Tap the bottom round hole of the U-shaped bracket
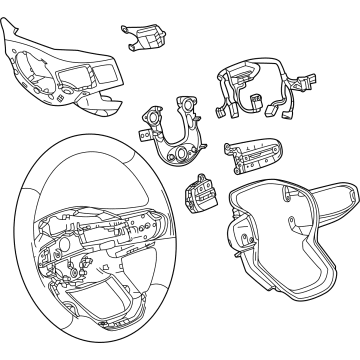(179, 160)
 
